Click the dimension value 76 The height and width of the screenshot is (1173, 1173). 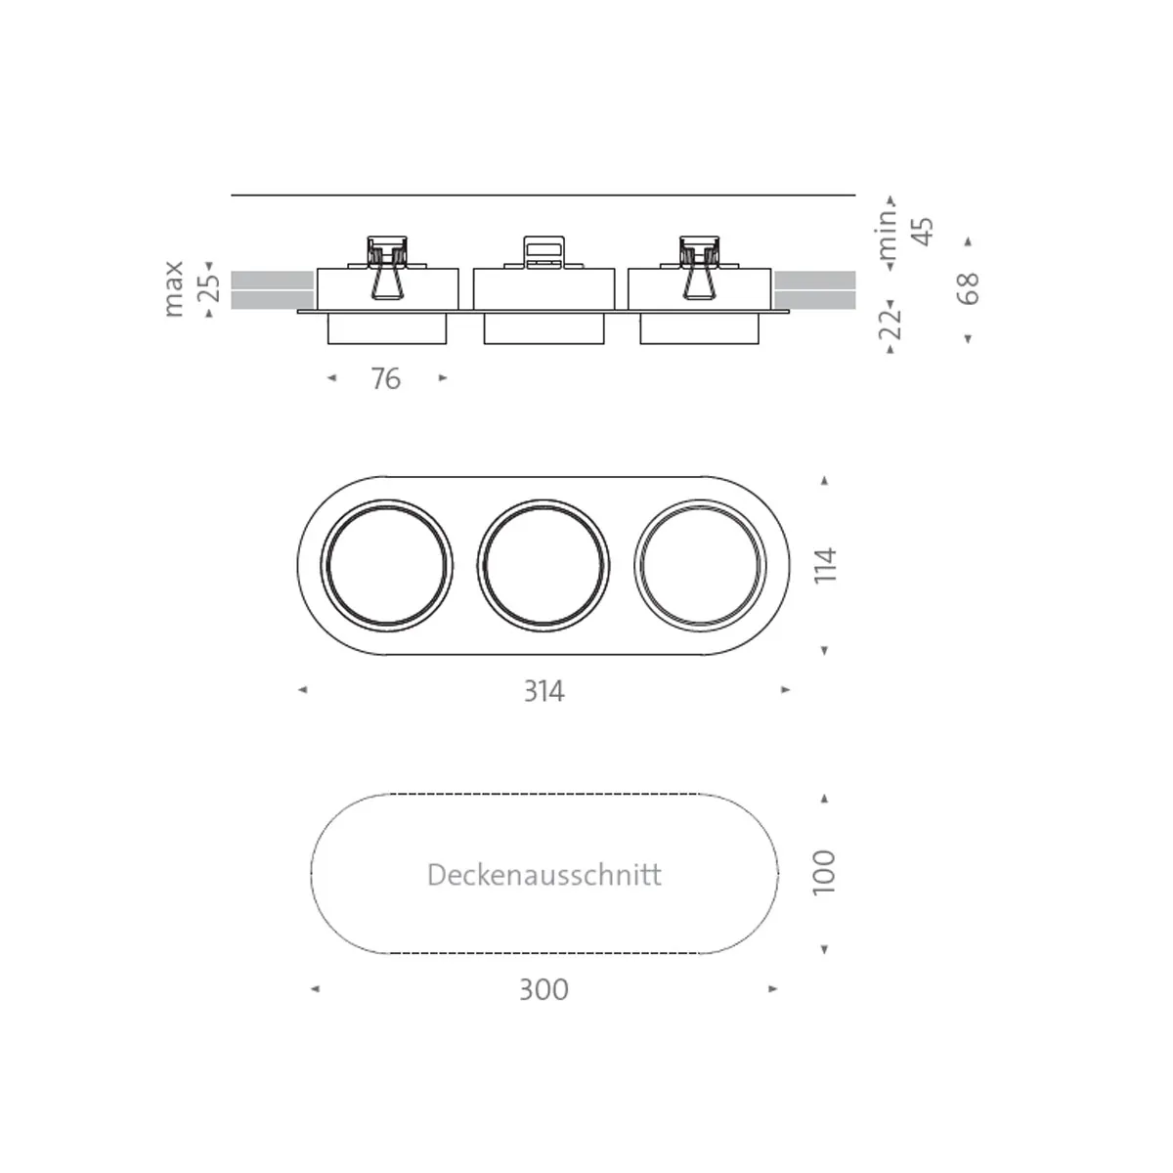point(385,378)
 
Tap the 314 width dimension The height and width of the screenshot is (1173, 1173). point(544,691)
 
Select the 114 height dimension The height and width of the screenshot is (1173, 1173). point(825,566)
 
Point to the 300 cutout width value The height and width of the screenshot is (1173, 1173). point(543,990)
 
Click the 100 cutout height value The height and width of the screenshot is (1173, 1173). point(824,873)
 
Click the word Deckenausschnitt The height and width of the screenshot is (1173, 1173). point(544,875)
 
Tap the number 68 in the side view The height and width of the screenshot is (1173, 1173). point(968,288)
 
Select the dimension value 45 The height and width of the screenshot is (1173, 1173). point(923,232)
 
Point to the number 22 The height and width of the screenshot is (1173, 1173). point(890,324)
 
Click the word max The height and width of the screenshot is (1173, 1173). point(174,288)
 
